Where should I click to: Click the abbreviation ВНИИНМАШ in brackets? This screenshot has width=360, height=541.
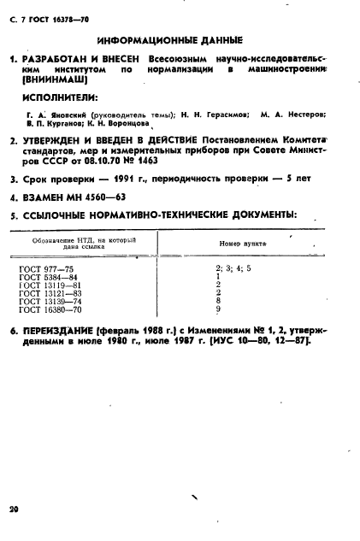tap(54, 82)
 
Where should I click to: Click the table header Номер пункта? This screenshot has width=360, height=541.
tap(242, 244)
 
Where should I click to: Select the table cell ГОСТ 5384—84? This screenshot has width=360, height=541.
tap(50, 277)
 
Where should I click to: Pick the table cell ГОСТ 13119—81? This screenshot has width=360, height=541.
tap(51, 285)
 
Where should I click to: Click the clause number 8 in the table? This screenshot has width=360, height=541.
tap(219, 301)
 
